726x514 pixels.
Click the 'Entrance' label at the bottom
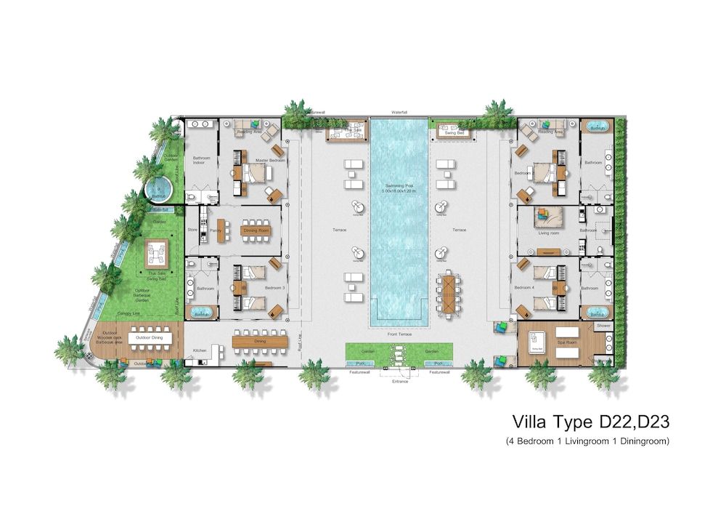tap(399, 381)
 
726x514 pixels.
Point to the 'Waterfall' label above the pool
tap(399, 113)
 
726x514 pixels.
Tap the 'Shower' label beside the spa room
tap(602, 326)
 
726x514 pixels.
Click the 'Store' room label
tap(192, 230)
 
